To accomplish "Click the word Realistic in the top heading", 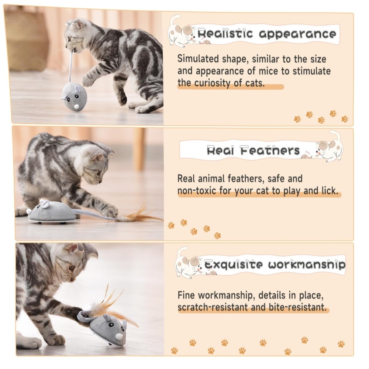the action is coord(225,34).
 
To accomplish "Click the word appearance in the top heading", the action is coord(297,34).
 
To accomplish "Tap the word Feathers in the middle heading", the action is coord(270,150).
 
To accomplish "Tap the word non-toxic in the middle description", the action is coord(197,191).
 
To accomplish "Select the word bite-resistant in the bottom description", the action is coord(297,307).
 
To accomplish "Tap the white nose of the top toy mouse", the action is coord(76,107).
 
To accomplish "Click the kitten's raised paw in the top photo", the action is coord(88,81).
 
